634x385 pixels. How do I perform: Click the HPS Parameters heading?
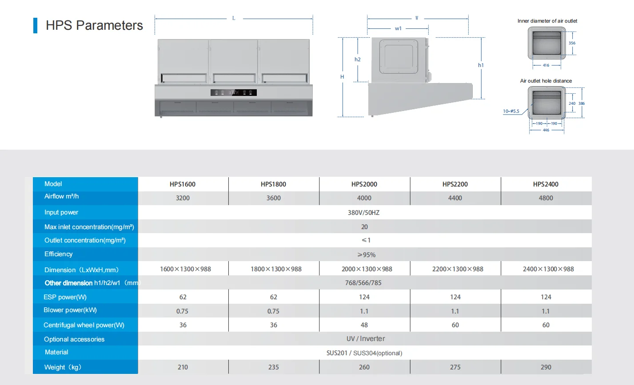click(94, 25)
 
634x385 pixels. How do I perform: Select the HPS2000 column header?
click(364, 184)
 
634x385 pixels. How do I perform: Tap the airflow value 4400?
click(455, 198)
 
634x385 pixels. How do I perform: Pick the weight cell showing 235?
click(273, 367)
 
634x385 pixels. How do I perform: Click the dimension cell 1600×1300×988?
click(185, 269)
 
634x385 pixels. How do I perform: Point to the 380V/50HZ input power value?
click(363, 213)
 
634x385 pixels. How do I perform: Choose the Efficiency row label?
click(58, 254)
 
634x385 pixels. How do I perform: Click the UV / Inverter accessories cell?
click(365, 339)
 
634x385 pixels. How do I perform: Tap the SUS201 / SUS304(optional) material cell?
click(364, 353)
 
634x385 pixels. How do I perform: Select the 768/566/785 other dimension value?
click(363, 283)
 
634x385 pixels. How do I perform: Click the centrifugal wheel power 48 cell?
click(364, 325)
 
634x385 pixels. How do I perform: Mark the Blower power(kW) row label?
click(70, 310)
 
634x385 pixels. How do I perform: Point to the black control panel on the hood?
click(233, 92)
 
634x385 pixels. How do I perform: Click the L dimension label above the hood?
click(234, 18)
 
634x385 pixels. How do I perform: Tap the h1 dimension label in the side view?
click(481, 65)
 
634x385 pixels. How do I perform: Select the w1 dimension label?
click(398, 28)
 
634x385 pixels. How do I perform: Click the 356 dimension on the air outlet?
click(572, 43)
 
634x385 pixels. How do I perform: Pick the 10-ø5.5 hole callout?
click(511, 111)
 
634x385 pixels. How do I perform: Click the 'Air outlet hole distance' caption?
click(546, 81)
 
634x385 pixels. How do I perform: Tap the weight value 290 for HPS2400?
click(546, 367)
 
